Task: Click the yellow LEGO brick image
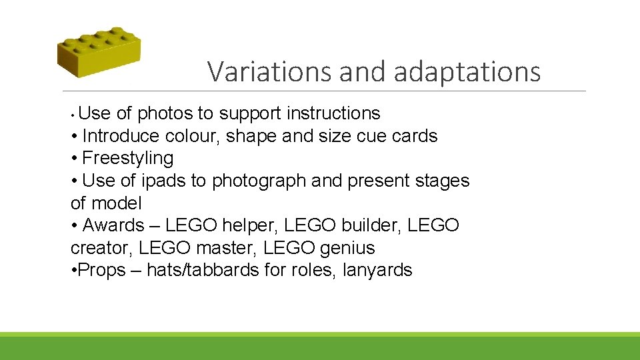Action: [99, 52]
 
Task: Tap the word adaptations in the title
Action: [467, 72]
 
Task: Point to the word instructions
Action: [333, 113]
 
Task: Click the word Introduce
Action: [121, 136]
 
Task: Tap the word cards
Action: [415, 136]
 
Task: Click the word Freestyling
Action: [128, 159]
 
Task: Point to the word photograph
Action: [255, 181]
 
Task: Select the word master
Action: [227, 248]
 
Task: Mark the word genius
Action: [347, 248]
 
